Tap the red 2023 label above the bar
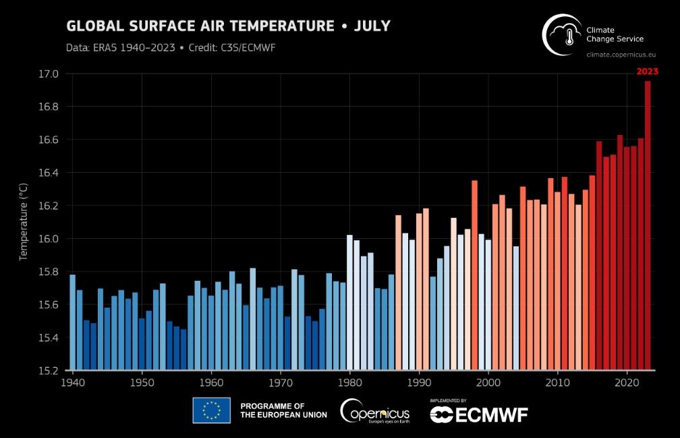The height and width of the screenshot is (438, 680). click(647, 71)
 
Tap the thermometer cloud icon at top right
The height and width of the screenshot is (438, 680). click(563, 34)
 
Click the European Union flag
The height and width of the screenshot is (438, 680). click(211, 410)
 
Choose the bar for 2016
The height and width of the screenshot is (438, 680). click(599, 256)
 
